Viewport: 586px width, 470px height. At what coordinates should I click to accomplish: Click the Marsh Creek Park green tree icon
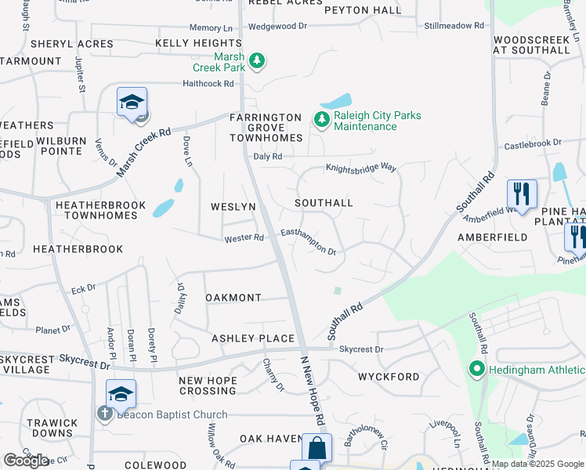(x=256, y=60)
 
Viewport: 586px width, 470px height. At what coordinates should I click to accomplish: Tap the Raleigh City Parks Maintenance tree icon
(x=321, y=120)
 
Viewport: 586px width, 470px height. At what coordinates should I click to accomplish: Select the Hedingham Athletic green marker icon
(x=476, y=368)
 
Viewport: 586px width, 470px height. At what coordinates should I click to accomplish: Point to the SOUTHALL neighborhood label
(x=324, y=203)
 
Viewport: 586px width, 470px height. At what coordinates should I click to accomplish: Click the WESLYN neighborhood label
(x=233, y=207)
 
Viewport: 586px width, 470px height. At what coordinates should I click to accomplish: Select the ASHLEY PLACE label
(x=253, y=338)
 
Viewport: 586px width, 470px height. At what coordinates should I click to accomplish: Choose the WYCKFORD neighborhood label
(x=389, y=377)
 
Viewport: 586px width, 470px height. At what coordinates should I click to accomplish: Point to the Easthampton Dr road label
(x=309, y=241)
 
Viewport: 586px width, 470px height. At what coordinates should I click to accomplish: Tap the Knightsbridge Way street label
(x=362, y=168)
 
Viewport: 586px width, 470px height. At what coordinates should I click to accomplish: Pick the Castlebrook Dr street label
(x=533, y=144)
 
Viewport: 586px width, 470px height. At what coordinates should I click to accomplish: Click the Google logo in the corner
(x=25, y=461)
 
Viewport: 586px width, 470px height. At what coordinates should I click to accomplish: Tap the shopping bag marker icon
(x=317, y=449)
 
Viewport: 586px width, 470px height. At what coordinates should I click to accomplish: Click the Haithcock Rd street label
(x=208, y=83)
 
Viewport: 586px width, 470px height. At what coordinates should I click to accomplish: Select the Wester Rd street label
(x=244, y=238)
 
